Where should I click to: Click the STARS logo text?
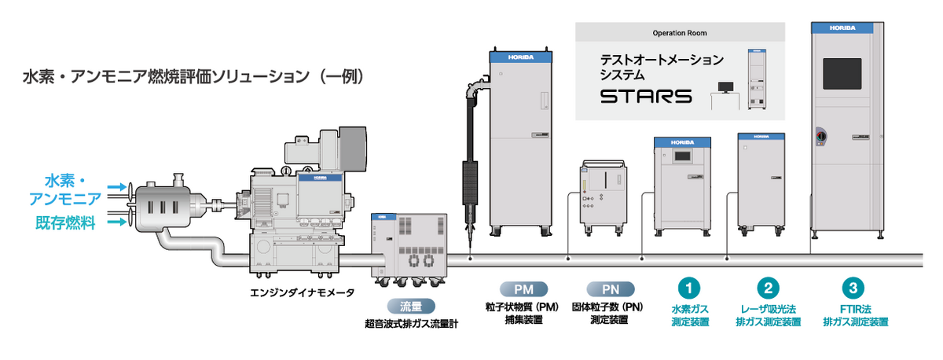click(x=646, y=97)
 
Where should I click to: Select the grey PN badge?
click(x=608, y=288)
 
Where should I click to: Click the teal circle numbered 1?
click(x=689, y=288)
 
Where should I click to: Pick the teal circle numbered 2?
click(x=768, y=288)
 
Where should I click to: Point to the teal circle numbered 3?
click(x=853, y=288)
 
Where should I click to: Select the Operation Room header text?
click(x=680, y=34)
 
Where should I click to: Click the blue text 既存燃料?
click(x=69, y=223)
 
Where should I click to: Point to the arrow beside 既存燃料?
click(x=117, y=223)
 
